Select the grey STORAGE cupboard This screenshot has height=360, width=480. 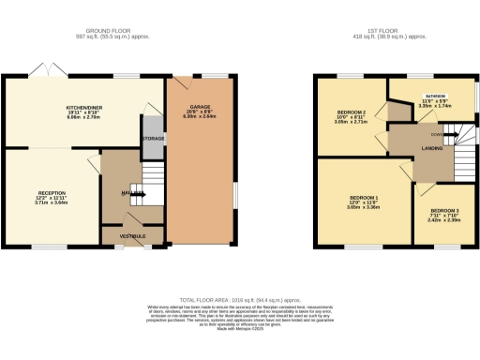pos(153,139)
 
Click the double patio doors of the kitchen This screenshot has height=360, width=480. pos(39,72)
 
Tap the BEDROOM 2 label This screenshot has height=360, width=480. pos(351,112)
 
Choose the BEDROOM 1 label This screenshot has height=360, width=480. pos(362,199)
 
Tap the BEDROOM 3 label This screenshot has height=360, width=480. pos(444,212)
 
